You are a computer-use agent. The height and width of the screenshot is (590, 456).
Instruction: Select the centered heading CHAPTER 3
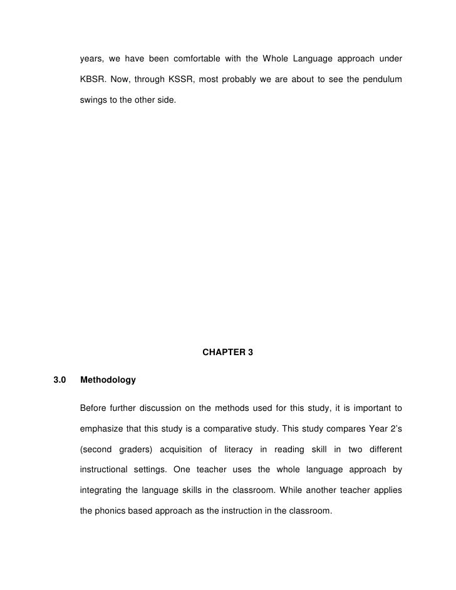tap(228, 353)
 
